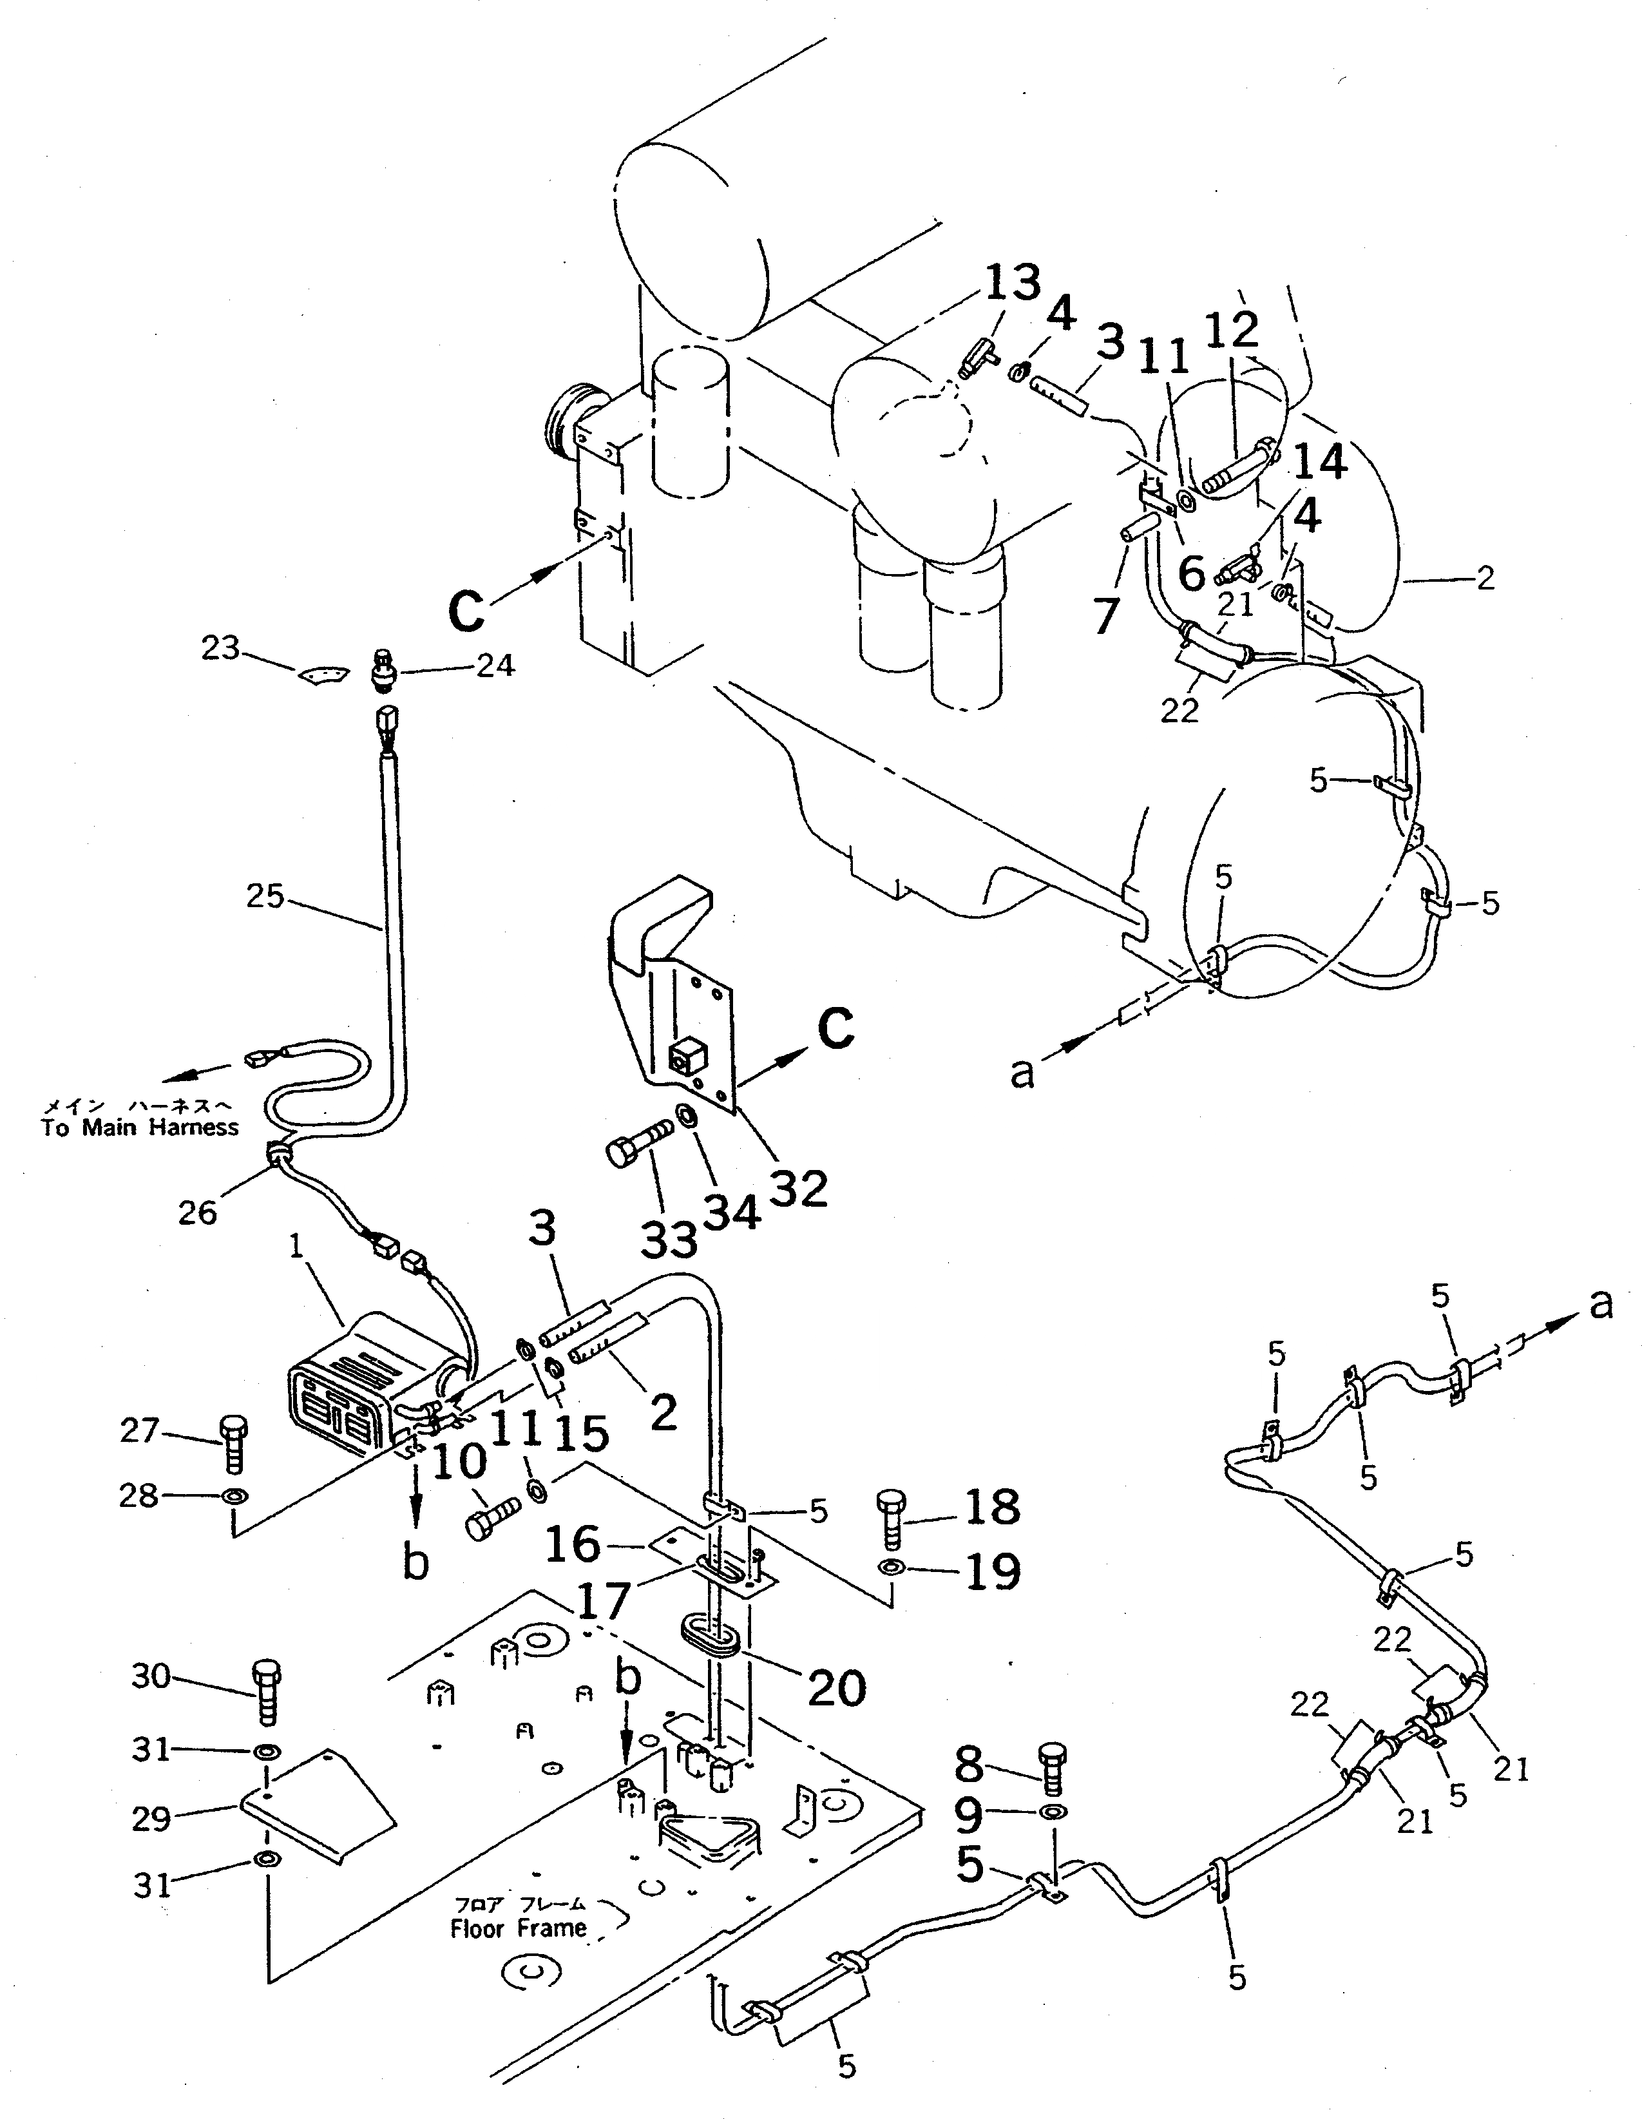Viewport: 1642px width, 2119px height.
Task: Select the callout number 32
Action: click(798, 1187)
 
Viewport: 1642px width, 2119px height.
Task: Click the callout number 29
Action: click(151, 1819)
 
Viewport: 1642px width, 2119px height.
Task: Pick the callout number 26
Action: click(198, 1211)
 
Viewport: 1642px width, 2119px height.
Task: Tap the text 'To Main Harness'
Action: click(140, 1127)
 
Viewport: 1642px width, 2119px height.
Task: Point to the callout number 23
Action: click(220, 646)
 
